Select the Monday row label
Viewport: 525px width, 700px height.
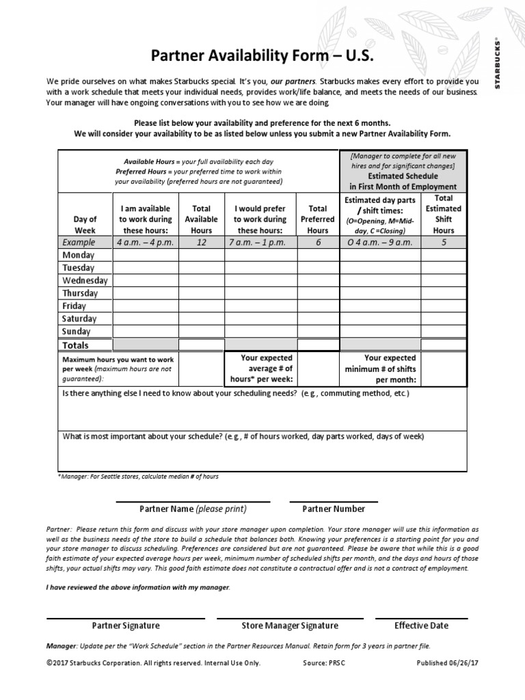pyautogui.click(x=79, y=255)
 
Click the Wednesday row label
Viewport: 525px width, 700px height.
pyautogui.click(x=85, y=280)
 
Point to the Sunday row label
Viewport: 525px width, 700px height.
pyautogui.click(x=76, y=332)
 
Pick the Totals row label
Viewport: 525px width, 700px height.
pyautogui.click(x=76, y=345)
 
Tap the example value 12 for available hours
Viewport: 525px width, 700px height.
pyautogui.click(x=202, y=242)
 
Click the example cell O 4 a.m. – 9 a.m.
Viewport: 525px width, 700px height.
pyautogui.click(x=379, y=242)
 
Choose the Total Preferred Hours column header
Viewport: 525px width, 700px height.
pyautogui.click(x=317, y=219)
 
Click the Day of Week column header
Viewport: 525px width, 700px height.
pyautogui.click(x=85, y=225)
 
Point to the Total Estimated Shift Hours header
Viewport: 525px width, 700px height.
pyautogui.click(x=444, y=214)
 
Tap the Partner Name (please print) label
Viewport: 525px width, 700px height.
pyautogui.click(x=193, y=509)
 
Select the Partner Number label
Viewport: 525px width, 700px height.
pyautogui.click(x=334, y=509)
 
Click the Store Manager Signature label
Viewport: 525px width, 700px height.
pyautogui.click(x=290, y=625)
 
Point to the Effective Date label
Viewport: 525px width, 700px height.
pyautogui.click(x=421, y=625)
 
